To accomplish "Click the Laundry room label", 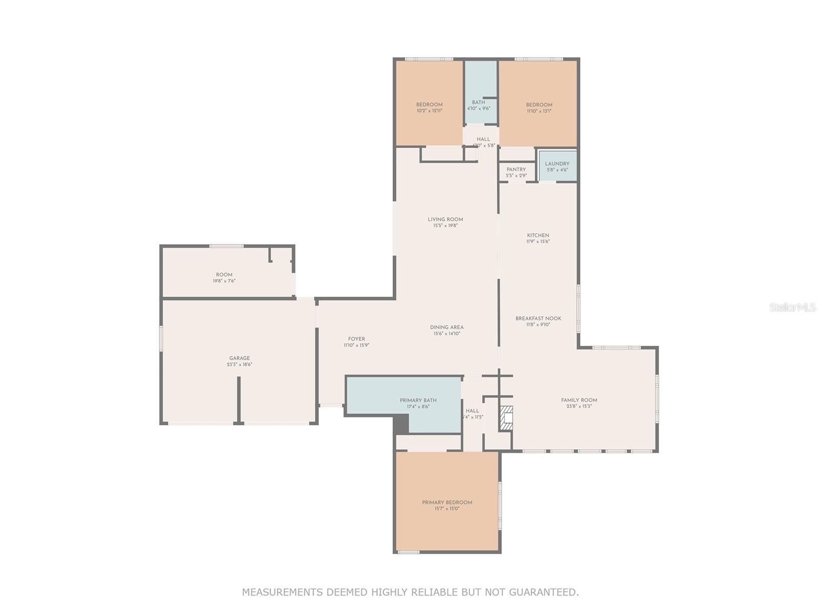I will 557,164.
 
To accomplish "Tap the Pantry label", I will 516,169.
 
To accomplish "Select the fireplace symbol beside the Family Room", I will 506,418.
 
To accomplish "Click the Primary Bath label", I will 418,400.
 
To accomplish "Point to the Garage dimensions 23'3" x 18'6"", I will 239,365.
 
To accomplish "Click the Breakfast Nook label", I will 538,318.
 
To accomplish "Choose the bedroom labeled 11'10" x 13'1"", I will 539,108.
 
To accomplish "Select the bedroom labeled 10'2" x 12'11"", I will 429,107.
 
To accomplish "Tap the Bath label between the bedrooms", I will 479,102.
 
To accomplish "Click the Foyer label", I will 356,339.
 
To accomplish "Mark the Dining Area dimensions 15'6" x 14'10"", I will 446,334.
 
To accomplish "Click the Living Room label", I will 445,220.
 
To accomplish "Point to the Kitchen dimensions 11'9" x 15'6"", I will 538,242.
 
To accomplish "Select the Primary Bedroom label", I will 447,502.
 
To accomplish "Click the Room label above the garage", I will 224,275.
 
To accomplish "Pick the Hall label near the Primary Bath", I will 472,410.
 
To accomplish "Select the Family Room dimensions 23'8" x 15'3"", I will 579,406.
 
